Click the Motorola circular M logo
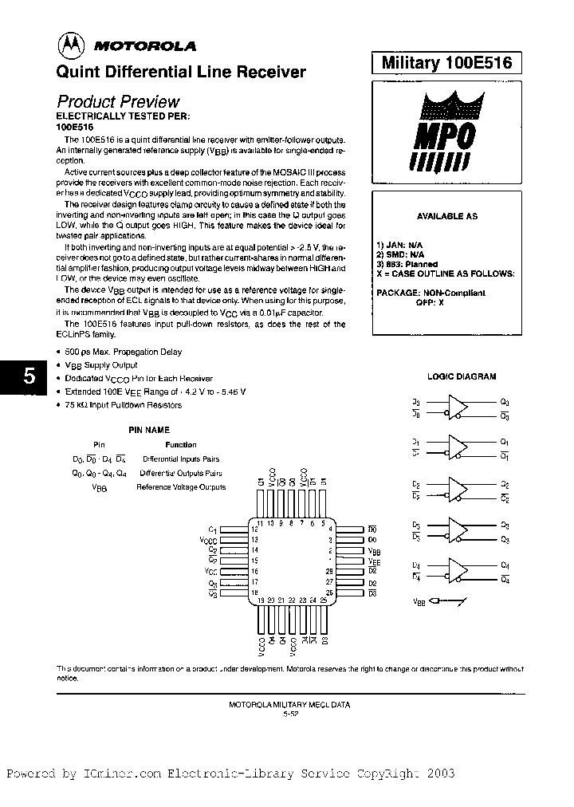pyautogui.click(x=73, y=45)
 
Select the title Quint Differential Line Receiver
pyautogui.click(x=180, y=72)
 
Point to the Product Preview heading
pyautogui.click(x=118, y=101)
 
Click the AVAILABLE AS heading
pyautogui.click(x=447, y=216)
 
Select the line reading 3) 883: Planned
pyautogui.click(x=407, y=264)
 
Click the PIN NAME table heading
pyautogui.click(x=148, y=430)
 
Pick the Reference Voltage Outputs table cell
pyautogui.click(x=181, y=486)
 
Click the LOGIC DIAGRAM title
pyautogui.click(x=461, y=376)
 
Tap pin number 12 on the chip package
pyautogui.click(x=254, y=529)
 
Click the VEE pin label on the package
pyautogui.click(x=374, y=561)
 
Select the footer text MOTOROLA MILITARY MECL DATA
pyautogui.click(x=289, y=705)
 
